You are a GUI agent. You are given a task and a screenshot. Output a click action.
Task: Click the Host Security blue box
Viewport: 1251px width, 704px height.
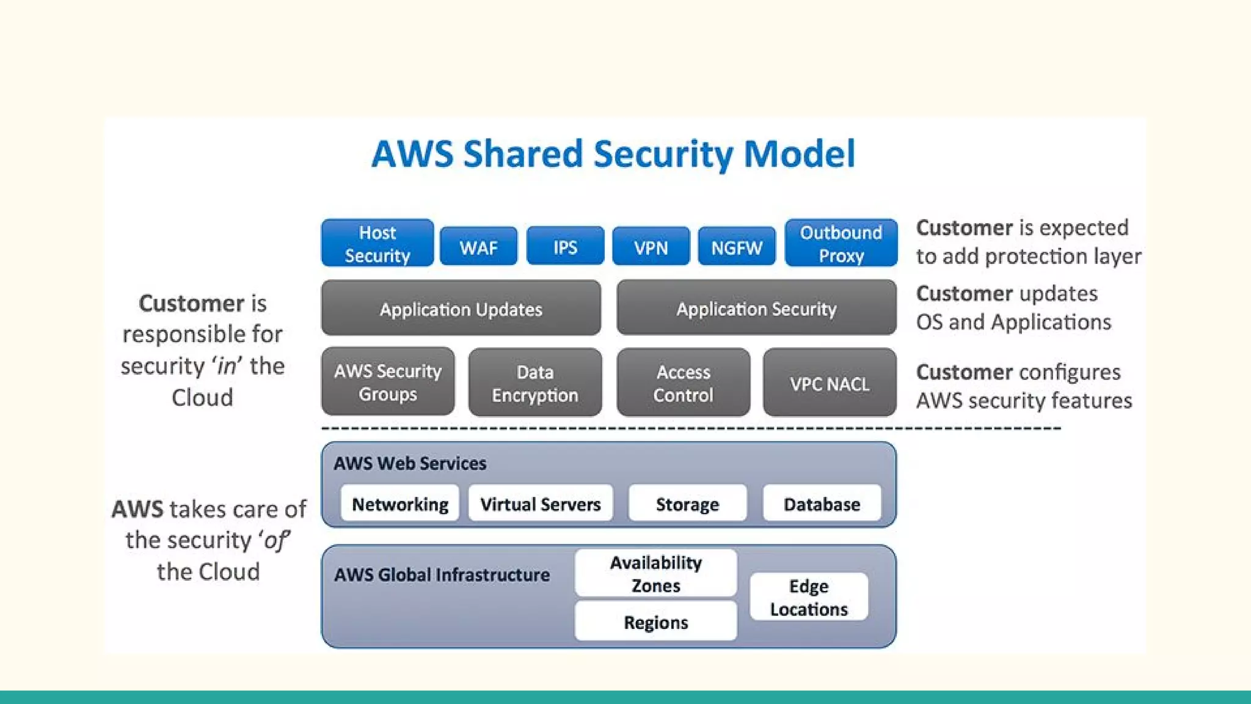[x=377, y=243]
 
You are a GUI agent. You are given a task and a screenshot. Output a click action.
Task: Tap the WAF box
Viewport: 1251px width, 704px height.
[x=478, y=246]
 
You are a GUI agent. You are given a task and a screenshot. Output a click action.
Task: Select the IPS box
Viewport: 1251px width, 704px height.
[x=565, y=246]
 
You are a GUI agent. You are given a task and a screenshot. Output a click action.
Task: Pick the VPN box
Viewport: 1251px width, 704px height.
[x=651, y=246]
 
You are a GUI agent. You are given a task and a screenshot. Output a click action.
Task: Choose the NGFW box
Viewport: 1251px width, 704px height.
[x=737, y=246]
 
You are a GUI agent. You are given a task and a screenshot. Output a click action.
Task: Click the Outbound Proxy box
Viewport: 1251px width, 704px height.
[x=841, y=243]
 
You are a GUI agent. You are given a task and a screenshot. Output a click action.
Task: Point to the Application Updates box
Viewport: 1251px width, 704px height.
[x=461, y=308]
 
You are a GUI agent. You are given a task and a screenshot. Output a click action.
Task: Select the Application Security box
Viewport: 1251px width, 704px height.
[x=756, y=308]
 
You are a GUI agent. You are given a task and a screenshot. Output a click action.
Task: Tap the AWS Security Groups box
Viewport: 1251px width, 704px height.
[x=388, y=382]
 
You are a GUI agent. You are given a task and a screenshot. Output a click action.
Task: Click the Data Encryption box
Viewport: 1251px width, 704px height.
[x=535, y=383]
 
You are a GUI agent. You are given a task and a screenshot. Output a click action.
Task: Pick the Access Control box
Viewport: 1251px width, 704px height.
[x=683, y=383]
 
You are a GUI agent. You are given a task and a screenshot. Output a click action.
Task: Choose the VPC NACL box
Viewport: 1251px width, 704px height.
[x=830, y=383]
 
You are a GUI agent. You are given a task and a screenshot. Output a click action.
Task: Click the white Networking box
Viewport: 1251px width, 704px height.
[x=400, y=503]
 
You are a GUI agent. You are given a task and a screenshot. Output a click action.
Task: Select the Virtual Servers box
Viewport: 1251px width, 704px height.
[x=541, y=503]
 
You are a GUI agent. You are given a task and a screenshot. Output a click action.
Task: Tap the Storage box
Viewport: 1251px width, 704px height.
[x=687, y=503]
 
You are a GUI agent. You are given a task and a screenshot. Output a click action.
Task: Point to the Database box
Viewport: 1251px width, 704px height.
[x=822, y=503]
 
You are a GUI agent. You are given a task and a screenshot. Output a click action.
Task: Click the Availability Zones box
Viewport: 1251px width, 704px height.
[x=655, y=573]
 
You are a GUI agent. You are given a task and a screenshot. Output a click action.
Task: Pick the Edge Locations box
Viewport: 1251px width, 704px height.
[x=809, y=597]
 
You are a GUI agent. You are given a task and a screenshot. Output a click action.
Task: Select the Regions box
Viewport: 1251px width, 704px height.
[x=655, y=621]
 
